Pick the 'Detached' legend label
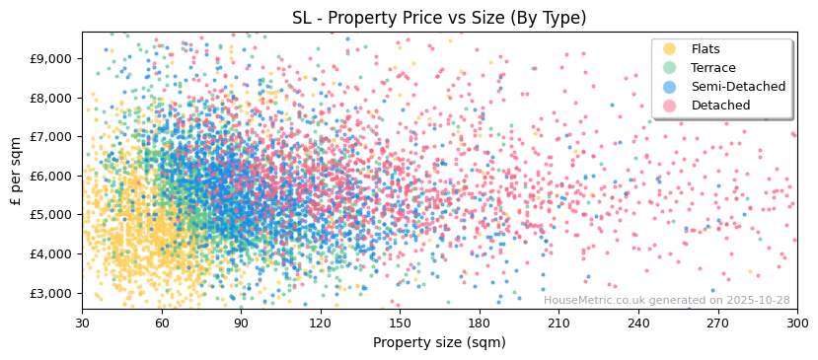pos(720,106)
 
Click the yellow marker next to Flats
pos(670,49)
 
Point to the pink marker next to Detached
pos(670,106)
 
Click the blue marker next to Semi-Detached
pos(670,87)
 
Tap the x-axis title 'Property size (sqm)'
pos(439,343)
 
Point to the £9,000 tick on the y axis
pos(51,58)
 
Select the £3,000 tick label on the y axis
pos(51,293)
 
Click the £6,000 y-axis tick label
pos(51,176)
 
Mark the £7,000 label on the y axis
pos(51,136)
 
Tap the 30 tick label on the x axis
pos(82,324)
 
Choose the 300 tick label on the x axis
pos(797,324)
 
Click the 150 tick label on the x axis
pos(400,324)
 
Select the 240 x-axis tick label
pos(638,324)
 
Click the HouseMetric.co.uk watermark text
pos(666,301)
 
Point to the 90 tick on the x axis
pos(241,324)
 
